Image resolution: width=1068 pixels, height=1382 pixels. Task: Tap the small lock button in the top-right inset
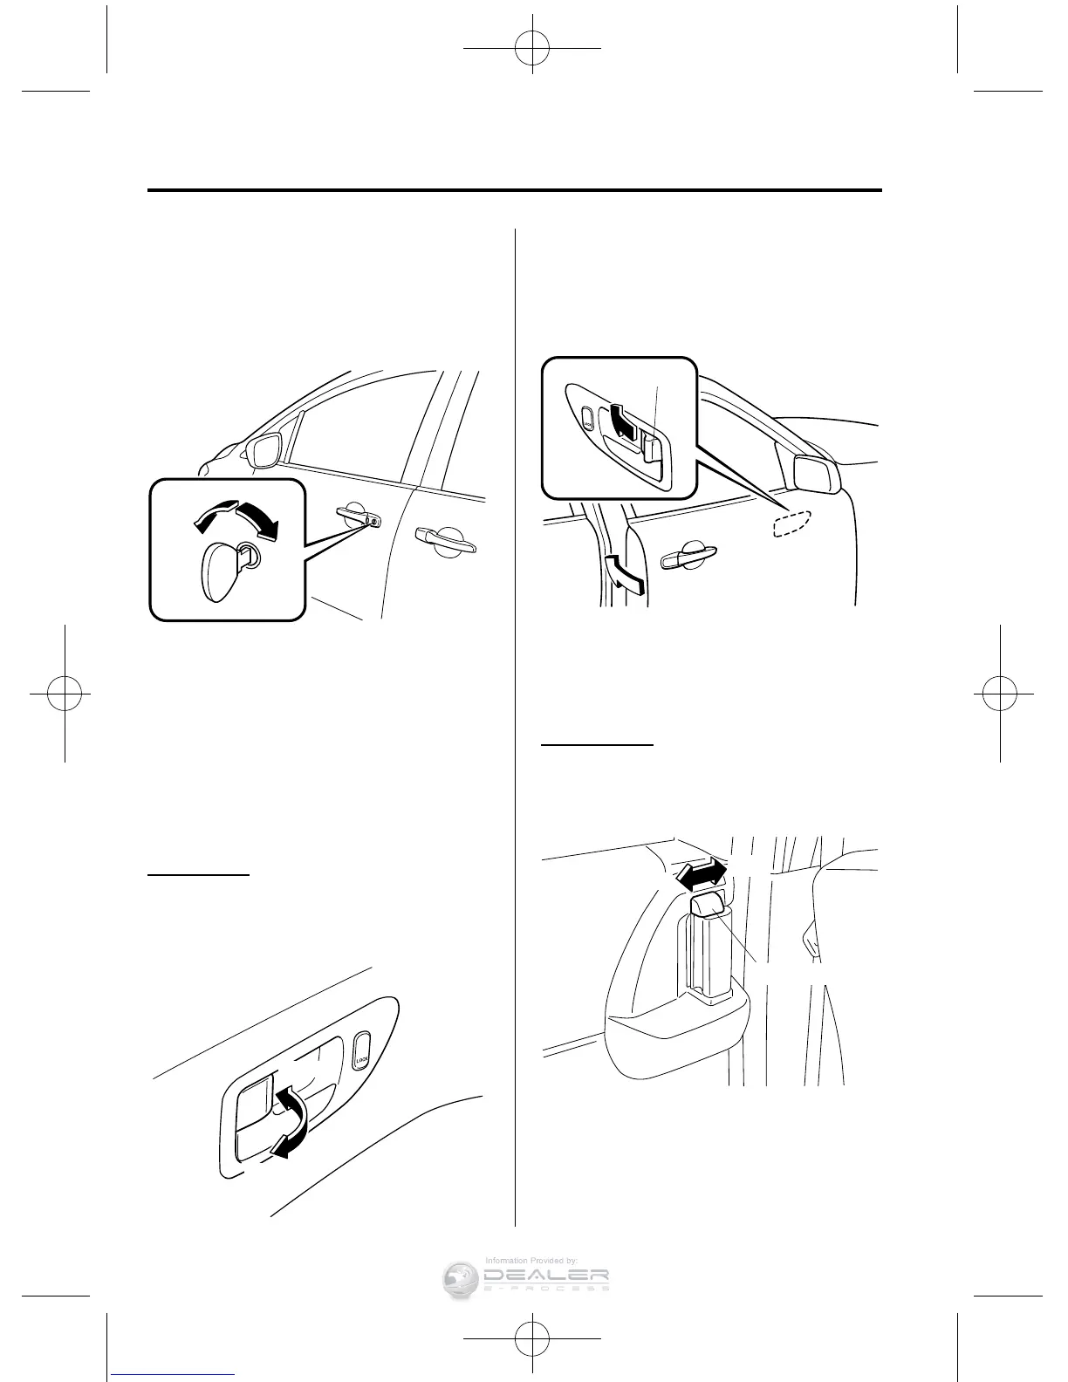587,417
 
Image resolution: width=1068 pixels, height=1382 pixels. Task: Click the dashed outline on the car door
792,522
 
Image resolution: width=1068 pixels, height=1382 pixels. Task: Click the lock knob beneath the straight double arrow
706,905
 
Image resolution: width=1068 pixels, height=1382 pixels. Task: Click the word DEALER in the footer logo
545,1276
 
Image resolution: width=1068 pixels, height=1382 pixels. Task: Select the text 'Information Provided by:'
531,1260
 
